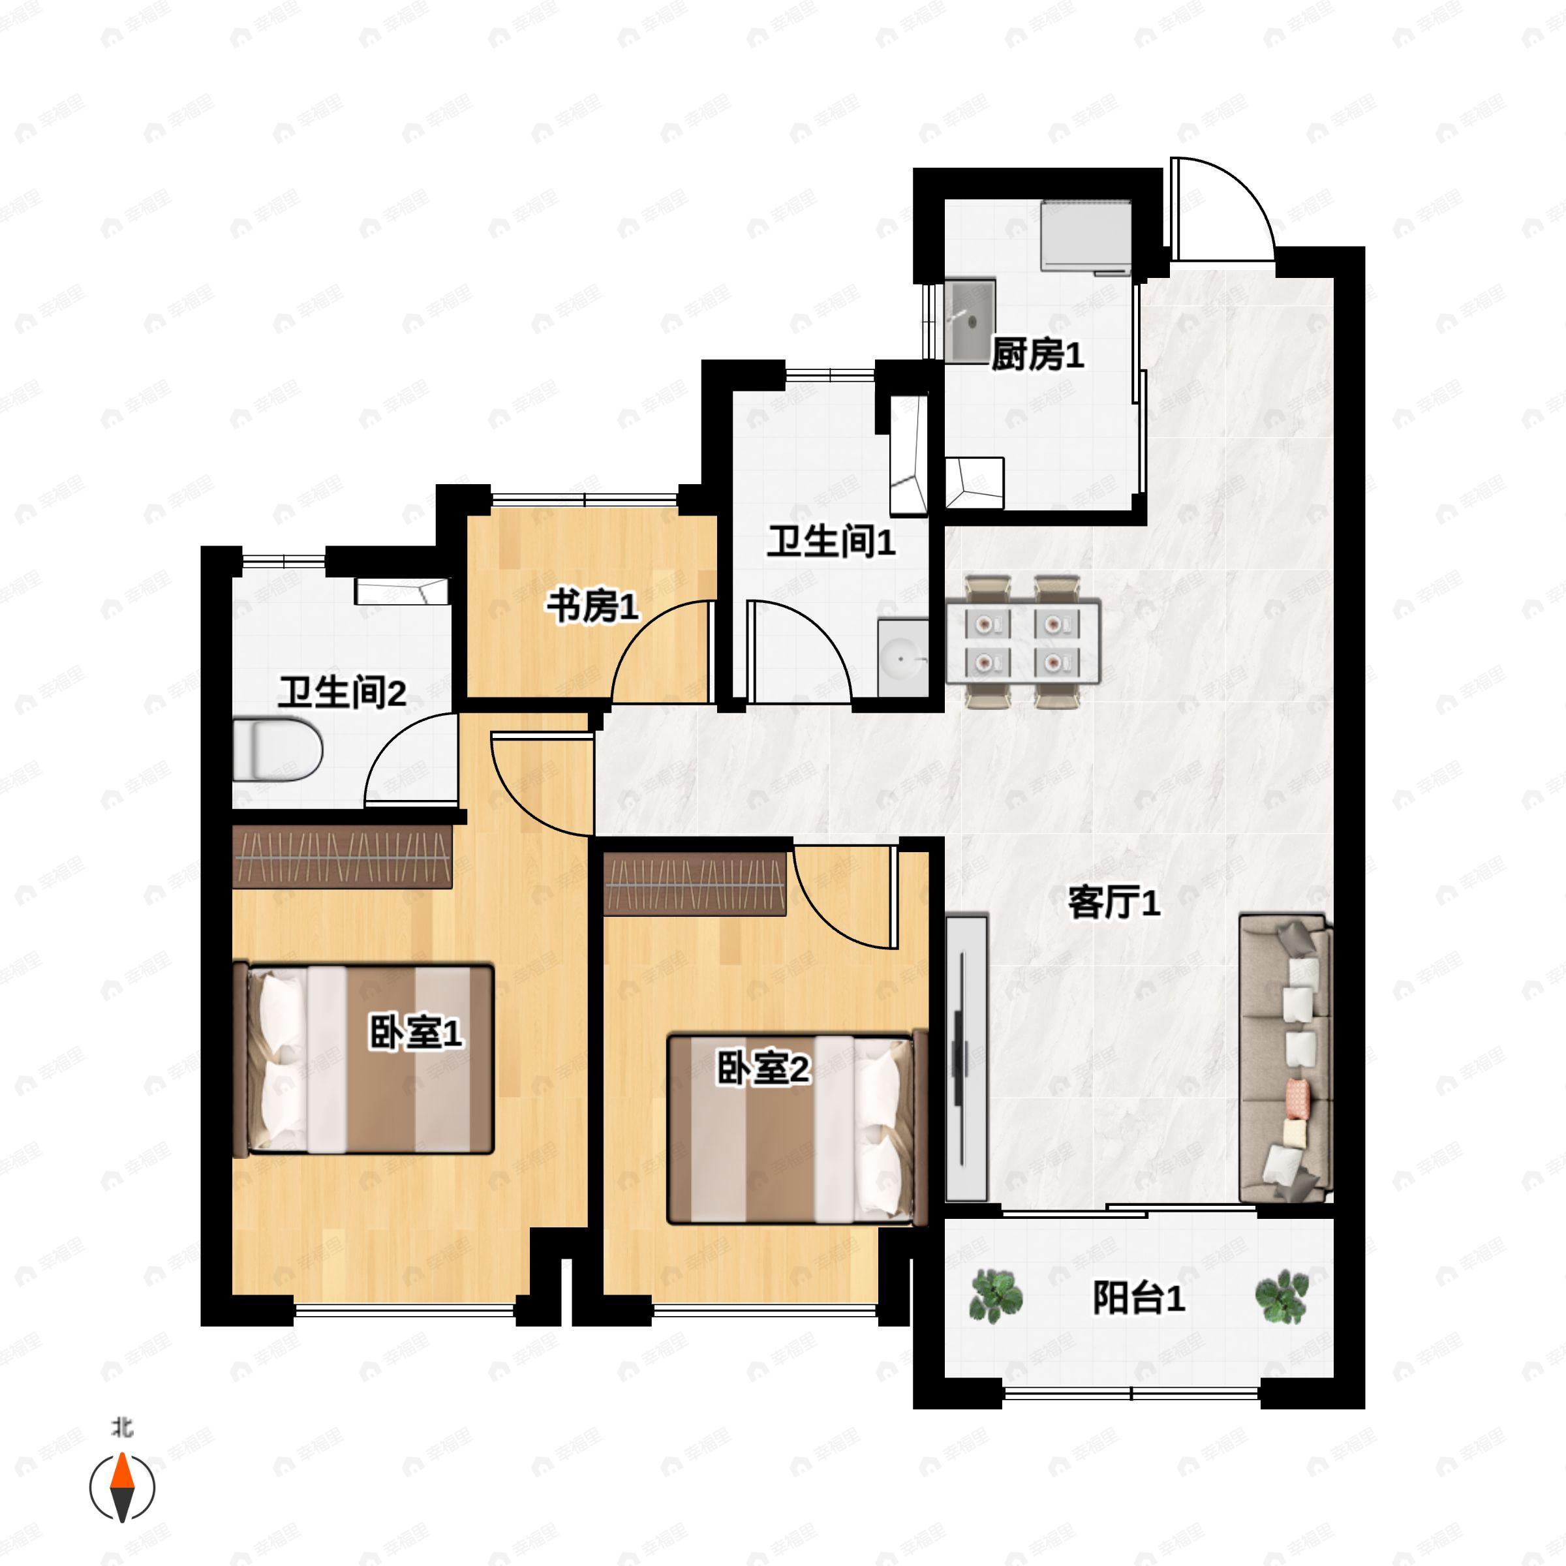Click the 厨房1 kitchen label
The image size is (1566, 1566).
[x=1037, y=355]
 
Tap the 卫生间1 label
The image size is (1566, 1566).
[x=831, y=541]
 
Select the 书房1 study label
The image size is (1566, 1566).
[x=592, y=606]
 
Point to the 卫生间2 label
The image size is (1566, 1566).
[x=341, y=692]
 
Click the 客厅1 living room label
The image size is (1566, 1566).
[x=1114, y=902]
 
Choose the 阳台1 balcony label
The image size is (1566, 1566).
[x=1139, y=1298]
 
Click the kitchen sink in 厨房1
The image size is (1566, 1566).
[x=970, y=322]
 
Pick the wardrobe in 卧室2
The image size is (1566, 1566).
[x=695, y=883]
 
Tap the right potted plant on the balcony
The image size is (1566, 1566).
[x=1282, y=1295]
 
